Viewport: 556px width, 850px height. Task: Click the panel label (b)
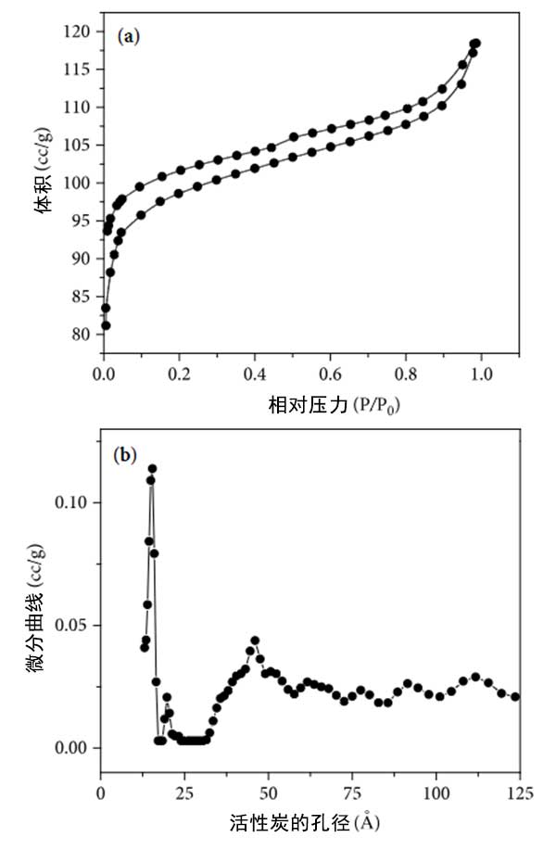125,455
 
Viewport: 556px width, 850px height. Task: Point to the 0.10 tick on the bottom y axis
74,502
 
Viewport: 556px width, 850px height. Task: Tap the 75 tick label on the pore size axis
352,794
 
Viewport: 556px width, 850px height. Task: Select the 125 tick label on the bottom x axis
519,794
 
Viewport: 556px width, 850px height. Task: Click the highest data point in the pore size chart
152,469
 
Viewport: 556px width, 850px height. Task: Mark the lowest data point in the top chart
106,325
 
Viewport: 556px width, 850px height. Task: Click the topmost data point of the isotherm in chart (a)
476,44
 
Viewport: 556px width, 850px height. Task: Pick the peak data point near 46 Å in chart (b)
255,641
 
